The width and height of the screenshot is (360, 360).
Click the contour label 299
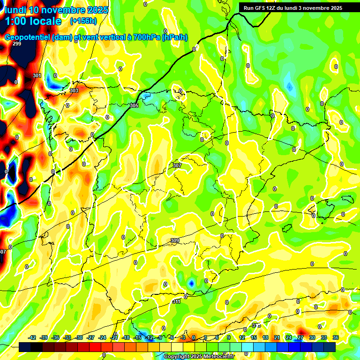(17, 44)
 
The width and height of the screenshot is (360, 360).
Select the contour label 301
(37, 75)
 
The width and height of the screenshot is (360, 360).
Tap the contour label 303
(74, 90)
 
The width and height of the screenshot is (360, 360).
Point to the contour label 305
(134, 105)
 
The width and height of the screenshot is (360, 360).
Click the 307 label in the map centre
(177, 165)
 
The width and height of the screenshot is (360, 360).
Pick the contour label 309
(175, 240)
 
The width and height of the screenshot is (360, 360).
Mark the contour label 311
(176, 301)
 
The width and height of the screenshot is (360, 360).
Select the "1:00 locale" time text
(33, 21)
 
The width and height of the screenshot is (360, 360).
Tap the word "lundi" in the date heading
(17, 9)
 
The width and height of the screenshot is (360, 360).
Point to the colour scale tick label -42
(32, 337)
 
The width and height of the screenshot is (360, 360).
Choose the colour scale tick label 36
(336, 337)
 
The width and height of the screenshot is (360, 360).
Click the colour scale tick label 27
(300, 337)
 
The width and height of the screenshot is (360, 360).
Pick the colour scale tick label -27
(91, 337)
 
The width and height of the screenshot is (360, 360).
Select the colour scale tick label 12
(242, 337)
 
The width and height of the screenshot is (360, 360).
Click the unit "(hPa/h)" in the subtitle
(174, 37)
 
